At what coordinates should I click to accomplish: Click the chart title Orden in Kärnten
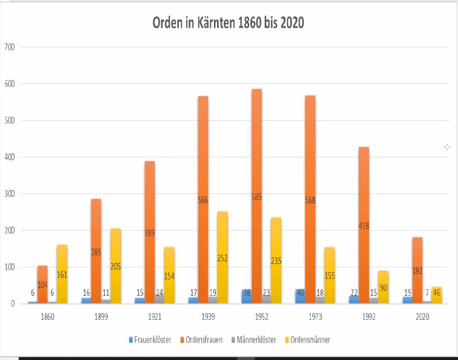[x=228, y=23]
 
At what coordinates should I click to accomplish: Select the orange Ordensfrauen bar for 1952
[x=257, y=237]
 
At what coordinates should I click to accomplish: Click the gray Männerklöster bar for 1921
[x=160, y=299]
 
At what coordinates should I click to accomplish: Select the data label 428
[x=364, y=226]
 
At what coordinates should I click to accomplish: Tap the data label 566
[x=203, y=200]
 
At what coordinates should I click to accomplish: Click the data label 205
[x=116, y=266]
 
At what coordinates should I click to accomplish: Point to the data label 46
[x=437, y=293]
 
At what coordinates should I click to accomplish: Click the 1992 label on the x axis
[x=369, y=318]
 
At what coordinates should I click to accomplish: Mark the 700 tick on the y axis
[x=10, y=47]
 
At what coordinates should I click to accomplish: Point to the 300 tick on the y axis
[x=10, y=194]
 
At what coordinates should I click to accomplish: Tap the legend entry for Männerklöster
[x=255, y=340]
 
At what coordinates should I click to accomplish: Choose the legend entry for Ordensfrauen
[x=201, y=340]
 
